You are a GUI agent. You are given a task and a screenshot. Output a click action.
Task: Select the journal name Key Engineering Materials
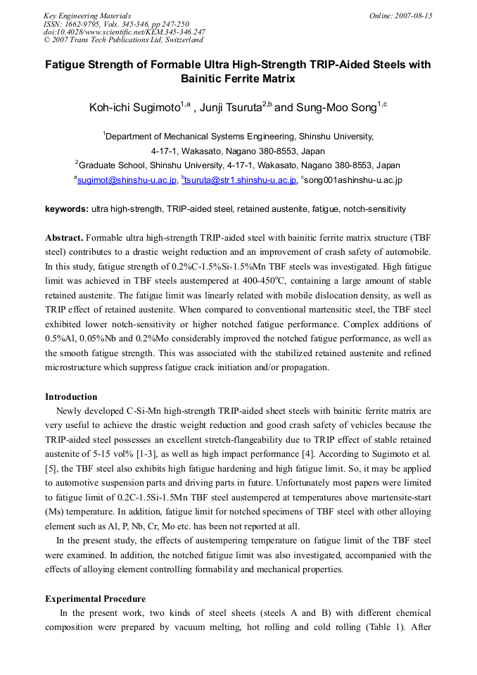click(x=87, y=15)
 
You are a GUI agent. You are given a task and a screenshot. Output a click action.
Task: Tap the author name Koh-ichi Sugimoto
click(x=134, y=108)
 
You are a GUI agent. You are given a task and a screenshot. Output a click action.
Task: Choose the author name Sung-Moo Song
click(x=336, y=108)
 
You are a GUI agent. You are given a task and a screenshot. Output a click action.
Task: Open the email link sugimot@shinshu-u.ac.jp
click(x=127, y=180)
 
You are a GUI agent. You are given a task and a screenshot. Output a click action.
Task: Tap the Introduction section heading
click(x=71, y=397)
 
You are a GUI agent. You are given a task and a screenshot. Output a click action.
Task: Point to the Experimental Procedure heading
click(x=95, y=599)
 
